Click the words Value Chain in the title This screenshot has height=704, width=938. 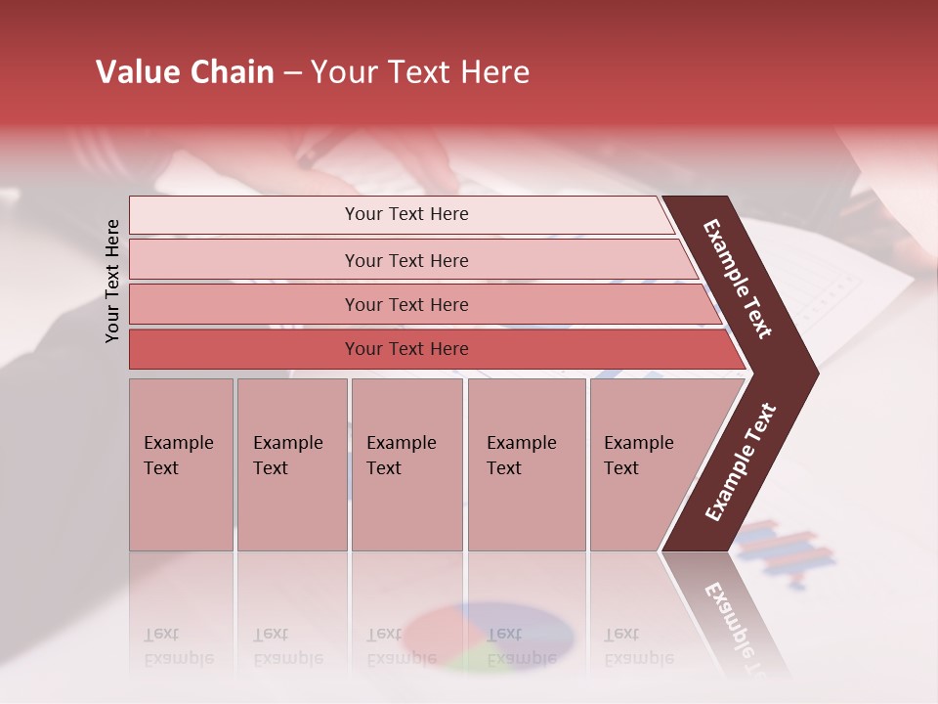coord(185,72)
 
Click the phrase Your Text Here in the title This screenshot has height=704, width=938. coord(420,72)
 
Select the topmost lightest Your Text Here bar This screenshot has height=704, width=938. coord(405,214)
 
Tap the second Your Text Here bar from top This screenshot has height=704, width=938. coord(405,260)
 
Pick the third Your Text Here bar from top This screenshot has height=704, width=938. coord(405,304)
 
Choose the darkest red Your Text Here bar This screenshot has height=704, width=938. coord(405,349)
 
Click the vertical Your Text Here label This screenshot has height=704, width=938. coord(112,281)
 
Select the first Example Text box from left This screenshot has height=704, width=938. coord(181,464)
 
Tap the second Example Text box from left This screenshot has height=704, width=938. coord(291,464)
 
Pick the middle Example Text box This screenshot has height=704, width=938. coord(406,464)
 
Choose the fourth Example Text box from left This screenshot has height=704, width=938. coord(526,464)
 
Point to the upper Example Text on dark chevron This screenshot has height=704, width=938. coord(738,279)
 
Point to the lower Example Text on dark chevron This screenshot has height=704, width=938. coord(741,462)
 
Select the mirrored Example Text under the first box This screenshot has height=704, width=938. coord(179,646)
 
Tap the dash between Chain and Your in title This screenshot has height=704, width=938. coord(292,73)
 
